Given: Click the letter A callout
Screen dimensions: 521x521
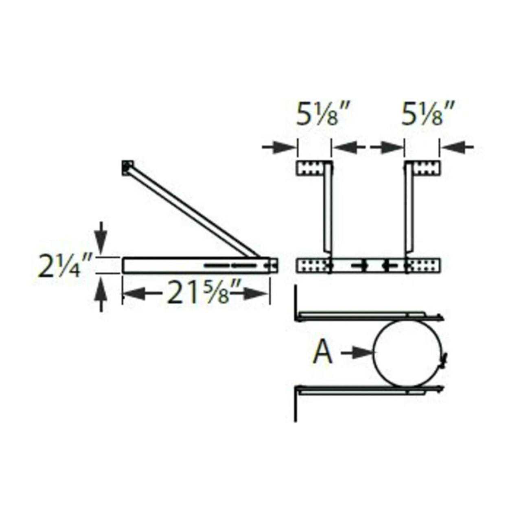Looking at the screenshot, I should pos(323,353).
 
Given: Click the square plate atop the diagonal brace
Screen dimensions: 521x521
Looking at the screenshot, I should pos(127,167).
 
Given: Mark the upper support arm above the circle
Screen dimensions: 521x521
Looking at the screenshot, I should pos(366,315).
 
